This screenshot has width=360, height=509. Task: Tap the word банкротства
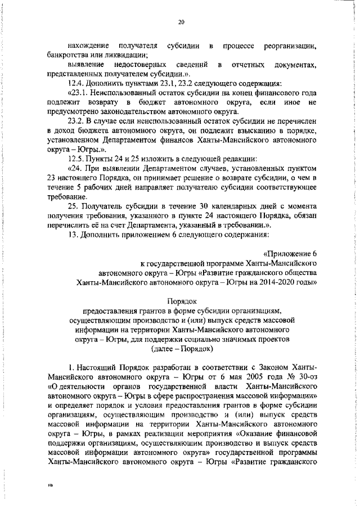(x=70, y=55)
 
